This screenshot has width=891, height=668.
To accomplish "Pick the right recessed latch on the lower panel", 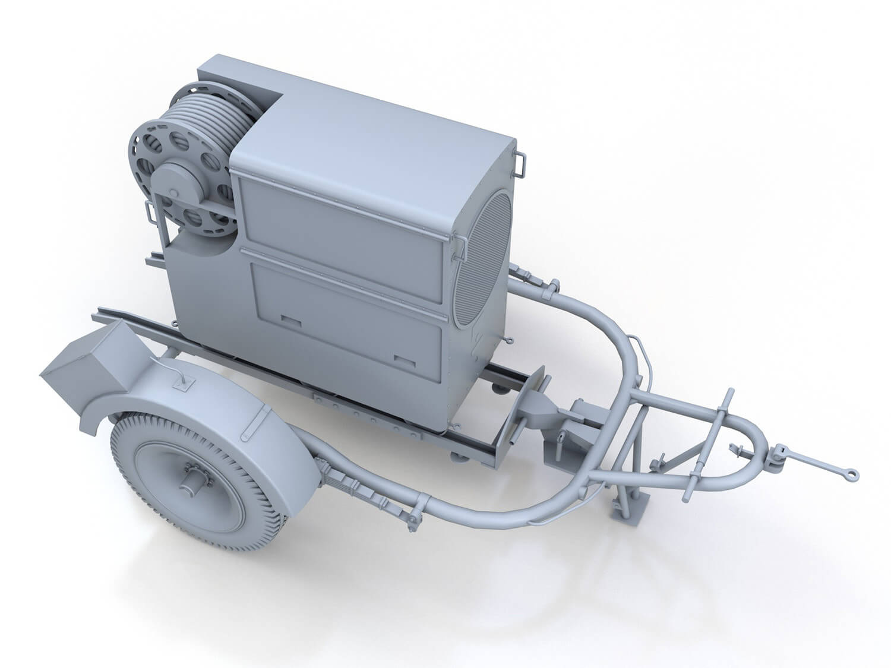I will coord(404,359).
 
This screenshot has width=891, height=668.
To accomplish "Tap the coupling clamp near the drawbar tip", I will coord(778,454).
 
